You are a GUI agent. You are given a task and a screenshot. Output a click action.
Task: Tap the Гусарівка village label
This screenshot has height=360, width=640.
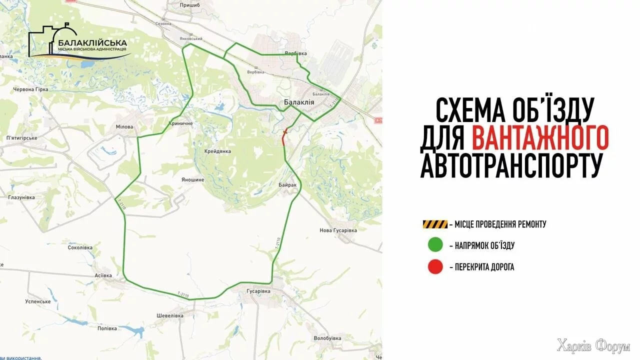[x=258, y=291]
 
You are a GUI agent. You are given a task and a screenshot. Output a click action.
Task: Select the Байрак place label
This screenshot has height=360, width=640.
[x=288, y=185]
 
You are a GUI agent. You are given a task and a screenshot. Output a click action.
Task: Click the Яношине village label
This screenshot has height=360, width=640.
[x=193, y=178]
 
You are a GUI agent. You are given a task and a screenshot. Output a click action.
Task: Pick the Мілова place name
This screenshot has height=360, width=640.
[x=124, y=127]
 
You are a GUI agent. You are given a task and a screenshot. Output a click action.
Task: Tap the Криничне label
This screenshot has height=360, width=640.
[x=181, y=123]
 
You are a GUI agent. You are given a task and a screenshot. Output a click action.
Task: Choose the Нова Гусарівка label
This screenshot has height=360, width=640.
[x=338, y=230]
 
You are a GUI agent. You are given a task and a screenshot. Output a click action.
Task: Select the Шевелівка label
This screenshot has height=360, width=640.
[x=170, y=315]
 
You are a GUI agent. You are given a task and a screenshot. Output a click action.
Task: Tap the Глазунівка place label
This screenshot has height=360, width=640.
[x=21, y=198]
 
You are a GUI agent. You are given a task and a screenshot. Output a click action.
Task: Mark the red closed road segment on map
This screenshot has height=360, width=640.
[x=284, y=139]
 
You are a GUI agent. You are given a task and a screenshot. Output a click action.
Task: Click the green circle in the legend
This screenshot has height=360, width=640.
[x=435, y=245]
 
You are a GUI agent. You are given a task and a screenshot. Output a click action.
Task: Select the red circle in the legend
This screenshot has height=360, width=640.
[x=435, y=267]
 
